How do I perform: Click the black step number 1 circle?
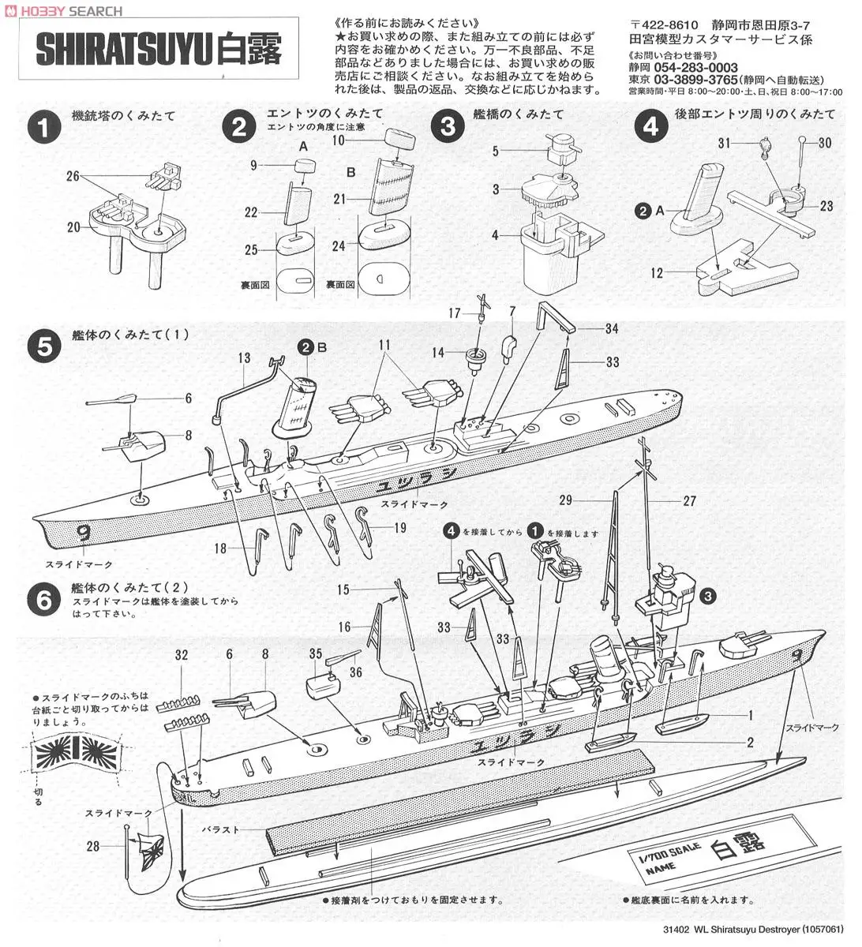coord(44,128)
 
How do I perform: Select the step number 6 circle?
coord(44,600)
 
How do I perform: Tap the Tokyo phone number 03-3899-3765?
coord(695,80)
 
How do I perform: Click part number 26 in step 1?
coord(73,176)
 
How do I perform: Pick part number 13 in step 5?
coord(245,359)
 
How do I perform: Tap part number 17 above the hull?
coord(455,313)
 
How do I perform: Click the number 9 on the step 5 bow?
coord(83,533)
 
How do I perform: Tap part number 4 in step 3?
coord(496,235)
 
